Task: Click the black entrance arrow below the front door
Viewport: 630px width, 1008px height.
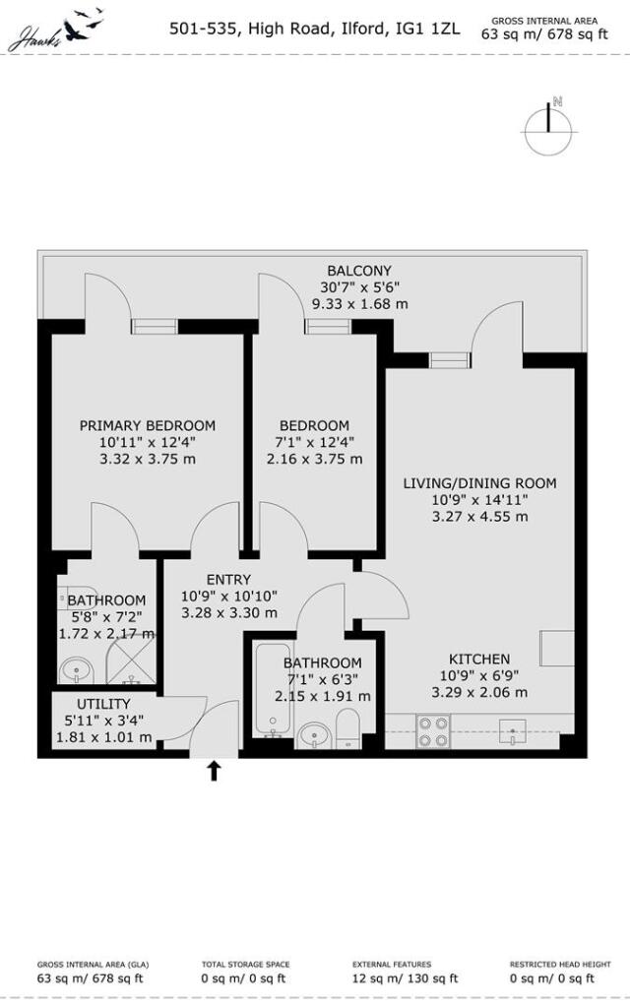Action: click(214, 770)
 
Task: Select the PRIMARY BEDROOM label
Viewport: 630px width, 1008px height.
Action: click(148, 425)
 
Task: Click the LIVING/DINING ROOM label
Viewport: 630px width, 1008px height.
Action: click(479, 483)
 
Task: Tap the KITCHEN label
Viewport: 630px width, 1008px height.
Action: click(479, 659)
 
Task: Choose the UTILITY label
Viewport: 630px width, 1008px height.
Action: click(103, 704)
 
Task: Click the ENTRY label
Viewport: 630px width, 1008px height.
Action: click(228, 580)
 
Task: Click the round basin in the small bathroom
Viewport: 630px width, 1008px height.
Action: click(75, 673)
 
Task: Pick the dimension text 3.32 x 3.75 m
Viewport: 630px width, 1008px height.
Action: click(148, 459)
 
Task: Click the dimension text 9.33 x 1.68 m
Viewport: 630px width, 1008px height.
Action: click(359, 304)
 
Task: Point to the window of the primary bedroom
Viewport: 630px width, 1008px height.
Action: click(155, 327)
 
